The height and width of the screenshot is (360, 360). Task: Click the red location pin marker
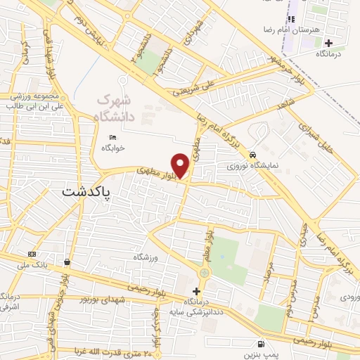[181, 165]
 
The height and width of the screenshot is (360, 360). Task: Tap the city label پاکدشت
[86, 191]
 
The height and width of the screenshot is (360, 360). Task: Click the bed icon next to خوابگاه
[112, 137]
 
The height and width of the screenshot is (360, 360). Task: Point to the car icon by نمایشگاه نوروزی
[252, 156]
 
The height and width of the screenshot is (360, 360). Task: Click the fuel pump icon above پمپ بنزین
[262, 344]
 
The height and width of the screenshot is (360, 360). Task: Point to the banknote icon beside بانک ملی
[32, 253]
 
